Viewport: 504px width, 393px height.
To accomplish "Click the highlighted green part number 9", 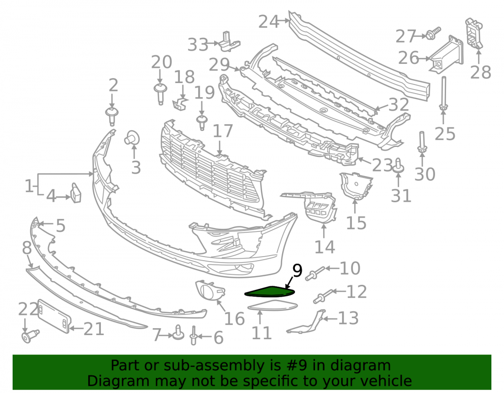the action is tap(269, 292).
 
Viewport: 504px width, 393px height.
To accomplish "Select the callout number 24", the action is tap(269, 22).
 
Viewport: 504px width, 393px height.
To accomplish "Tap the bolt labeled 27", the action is tap(433, 33).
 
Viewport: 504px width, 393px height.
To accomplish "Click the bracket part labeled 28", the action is tap(474, 33).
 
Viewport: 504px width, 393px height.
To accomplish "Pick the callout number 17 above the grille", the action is tap(223, 131).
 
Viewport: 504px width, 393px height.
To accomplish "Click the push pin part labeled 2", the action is tap(112, 116).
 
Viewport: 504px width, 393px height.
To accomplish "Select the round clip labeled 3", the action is tap(132, 138).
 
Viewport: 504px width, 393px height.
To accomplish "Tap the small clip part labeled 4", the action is tap(76, 193).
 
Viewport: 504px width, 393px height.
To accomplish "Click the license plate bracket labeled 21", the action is tap(54, 317).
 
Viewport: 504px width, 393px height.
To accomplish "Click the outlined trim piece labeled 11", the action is tap(273, 306).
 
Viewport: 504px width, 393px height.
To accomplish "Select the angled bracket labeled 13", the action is tap(307, 322).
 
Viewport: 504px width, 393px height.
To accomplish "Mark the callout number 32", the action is tap(399, 105).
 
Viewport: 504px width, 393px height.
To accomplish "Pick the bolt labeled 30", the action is tap(422, 142).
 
